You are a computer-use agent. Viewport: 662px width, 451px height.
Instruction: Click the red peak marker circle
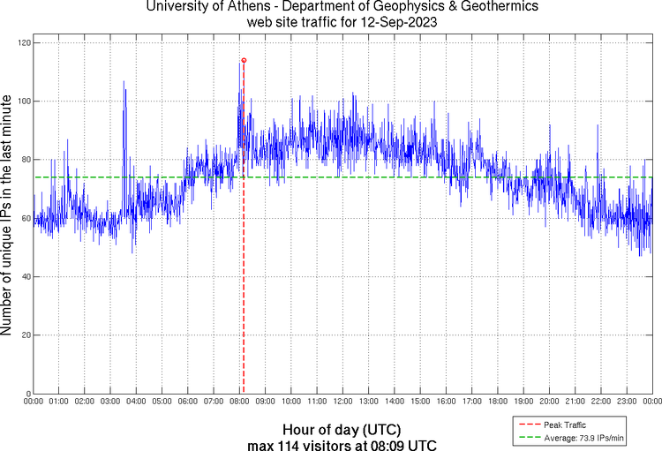(x=244, y=60)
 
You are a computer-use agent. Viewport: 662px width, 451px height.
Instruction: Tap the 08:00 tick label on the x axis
(x=239, y=401)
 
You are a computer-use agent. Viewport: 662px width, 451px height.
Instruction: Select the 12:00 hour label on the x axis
(x=342, y=401)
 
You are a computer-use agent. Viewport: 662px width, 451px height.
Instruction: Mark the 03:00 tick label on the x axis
(x=110, y=401)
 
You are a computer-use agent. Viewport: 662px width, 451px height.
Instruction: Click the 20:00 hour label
(x=549, y=401)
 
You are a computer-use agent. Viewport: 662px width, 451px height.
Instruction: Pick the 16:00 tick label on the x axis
(x=446, y=401)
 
